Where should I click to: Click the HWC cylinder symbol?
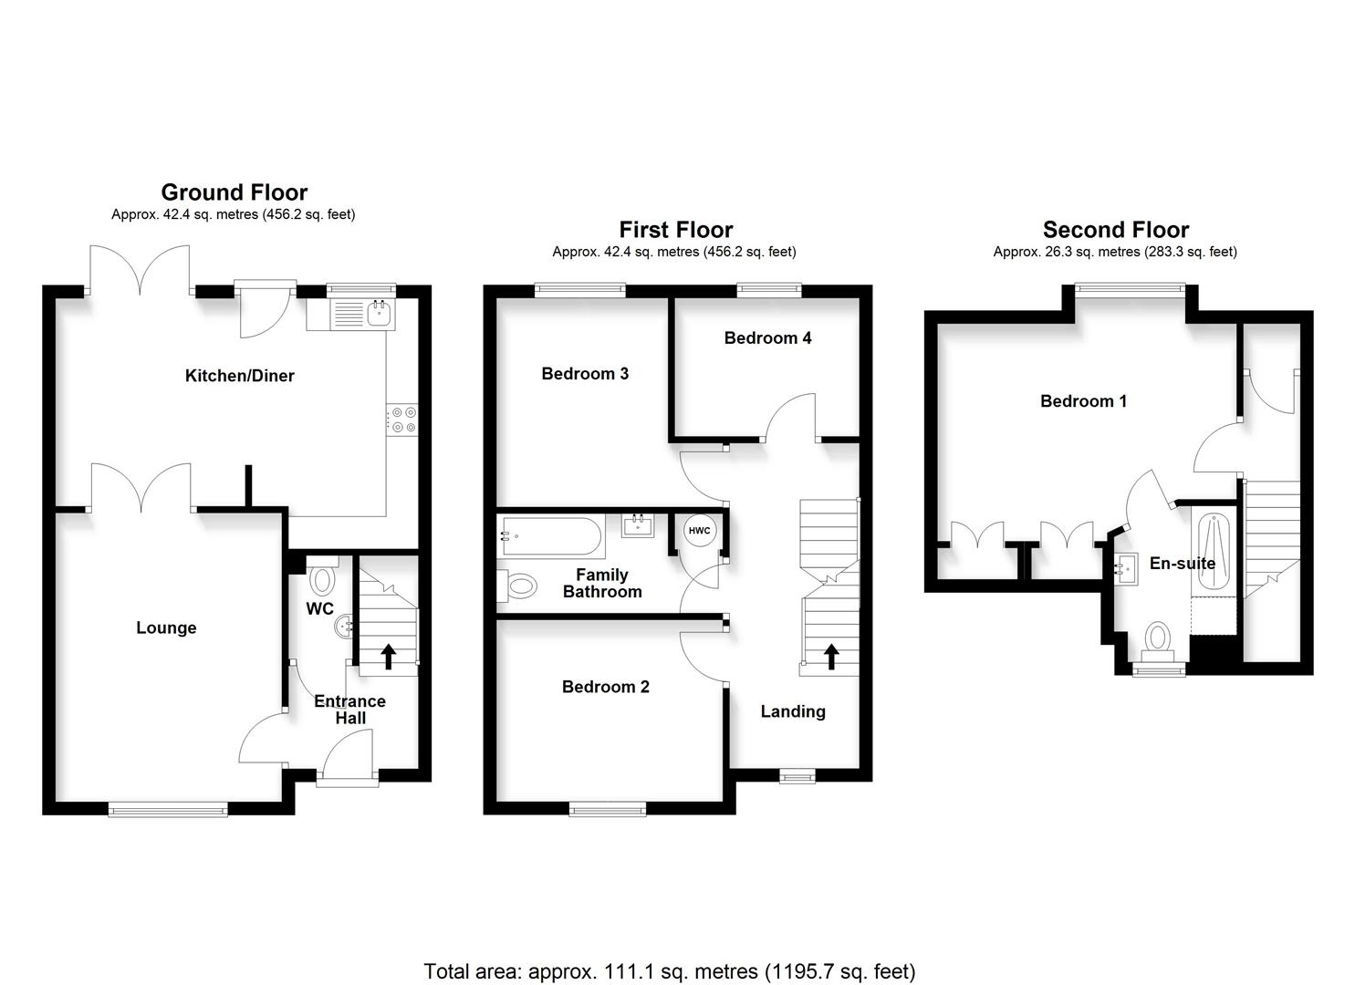point(699,531)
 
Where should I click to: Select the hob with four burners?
point(402,420)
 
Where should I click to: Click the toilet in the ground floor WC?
point(322,579)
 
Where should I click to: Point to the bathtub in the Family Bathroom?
point(550,537)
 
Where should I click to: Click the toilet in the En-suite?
point(1158,639)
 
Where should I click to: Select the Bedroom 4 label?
point(767,338)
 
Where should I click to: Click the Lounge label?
point(166,627)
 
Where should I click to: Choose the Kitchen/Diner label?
point(239,376)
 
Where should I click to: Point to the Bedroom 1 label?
point(1083,401)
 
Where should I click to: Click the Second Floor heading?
point(1115,230)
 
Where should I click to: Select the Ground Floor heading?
point(235,192)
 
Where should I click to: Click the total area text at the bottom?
point(669,971)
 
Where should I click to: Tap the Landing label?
point(793,711)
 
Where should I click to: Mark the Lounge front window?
point(167,808)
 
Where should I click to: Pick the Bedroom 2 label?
point(605,687)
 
